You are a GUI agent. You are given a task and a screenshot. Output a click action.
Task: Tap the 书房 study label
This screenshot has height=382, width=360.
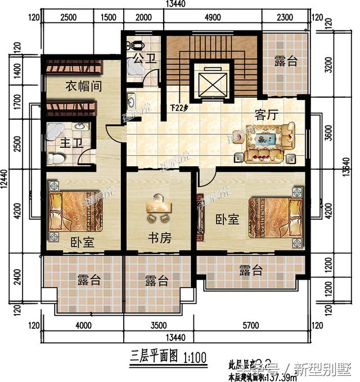[x=159, y=238]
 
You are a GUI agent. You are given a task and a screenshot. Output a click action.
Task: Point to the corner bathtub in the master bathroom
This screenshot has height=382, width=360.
[x=56, y=132]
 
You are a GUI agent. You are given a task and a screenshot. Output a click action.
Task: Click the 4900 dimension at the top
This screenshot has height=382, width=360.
[x=213, y=17]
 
